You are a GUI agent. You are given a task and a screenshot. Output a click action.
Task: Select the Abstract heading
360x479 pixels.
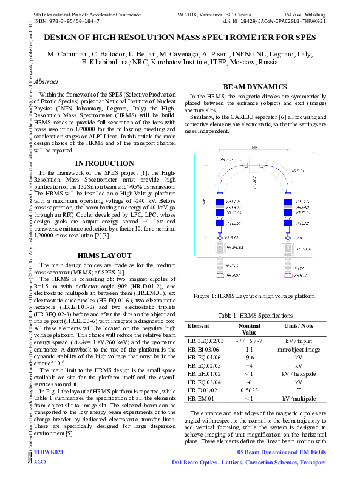[x=47, y=81]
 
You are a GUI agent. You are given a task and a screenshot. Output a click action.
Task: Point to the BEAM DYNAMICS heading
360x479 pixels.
[x=255, y=87]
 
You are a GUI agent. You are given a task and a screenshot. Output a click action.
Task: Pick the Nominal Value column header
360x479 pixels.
[x=249, y=329]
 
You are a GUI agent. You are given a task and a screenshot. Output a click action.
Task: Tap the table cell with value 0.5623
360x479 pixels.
[x=249, y=390]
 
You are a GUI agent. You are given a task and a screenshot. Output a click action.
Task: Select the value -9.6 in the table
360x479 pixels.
[x=249, y=358]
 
